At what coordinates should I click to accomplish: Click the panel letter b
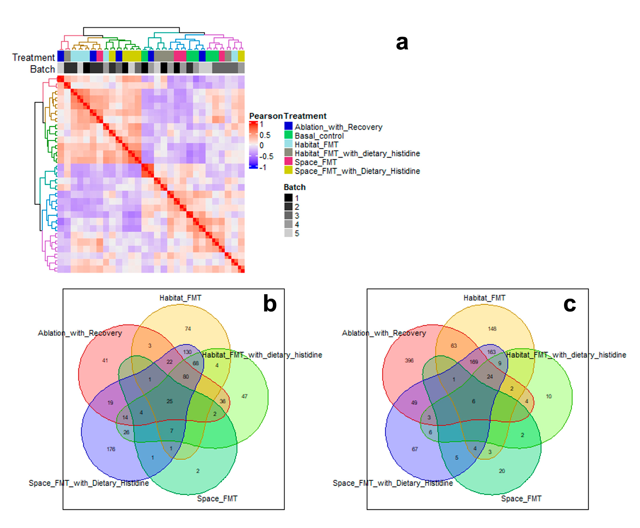click(270, 304)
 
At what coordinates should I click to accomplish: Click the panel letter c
click(569, 304)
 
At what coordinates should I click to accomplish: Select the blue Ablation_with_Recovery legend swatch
click(288, 126)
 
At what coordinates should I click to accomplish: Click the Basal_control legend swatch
click(288, 135)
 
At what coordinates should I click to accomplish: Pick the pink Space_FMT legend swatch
click(288, 162)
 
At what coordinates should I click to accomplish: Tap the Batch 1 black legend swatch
click(288, 198)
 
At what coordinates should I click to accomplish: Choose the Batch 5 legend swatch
click(288, 233)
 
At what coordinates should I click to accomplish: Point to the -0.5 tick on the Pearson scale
click(267, 156)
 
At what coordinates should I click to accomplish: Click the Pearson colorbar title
click(265, 116)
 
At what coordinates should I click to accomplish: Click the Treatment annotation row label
click(33, 57)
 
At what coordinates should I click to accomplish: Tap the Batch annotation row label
click(42, 69)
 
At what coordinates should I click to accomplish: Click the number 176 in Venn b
click(111, 449)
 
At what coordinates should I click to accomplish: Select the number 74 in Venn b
click(188, 328)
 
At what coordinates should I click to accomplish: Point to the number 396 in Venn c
click(409, 360)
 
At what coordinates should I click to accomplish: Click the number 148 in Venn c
click(492, 328)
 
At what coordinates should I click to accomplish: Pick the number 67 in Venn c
click(415, 449)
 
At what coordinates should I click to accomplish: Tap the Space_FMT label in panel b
click(217, 499)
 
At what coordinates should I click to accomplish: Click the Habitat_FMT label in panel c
click(484, 298)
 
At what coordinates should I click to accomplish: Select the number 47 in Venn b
click(244, 396)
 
